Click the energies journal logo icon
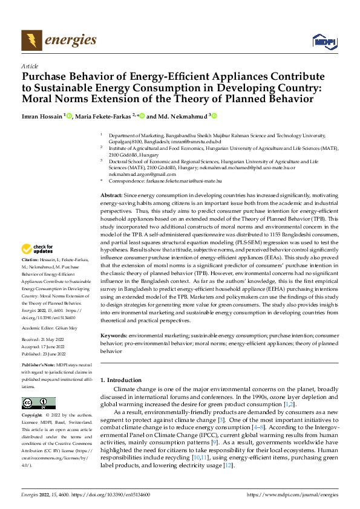(x=31, y=41)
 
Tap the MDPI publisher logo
(x=324, y=41)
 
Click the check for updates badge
(x=37, y=249)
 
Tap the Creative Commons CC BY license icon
(x=39, y=403)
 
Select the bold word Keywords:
(x=113, y=335)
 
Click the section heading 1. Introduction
(x=120, y=380)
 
